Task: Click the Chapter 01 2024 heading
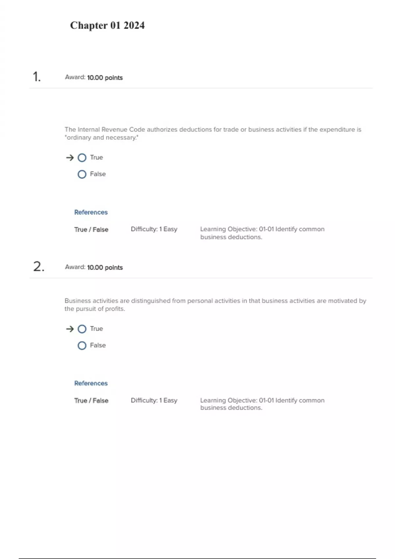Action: [x=107, y=25]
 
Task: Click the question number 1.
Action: [x=37, y=77]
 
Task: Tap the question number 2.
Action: [x=39, y=267]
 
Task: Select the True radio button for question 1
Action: [x=82, y=158]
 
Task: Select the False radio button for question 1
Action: [x=82, y=174]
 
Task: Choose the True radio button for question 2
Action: [x=82, y=329]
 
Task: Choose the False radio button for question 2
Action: [x=82, y=346]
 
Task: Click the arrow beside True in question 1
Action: [x=70, y=158]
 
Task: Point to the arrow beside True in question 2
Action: [x=70, y=329]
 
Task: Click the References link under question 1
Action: [x=91, y=212]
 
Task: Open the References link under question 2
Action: [x=91, y=383]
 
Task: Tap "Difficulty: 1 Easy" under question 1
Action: [x=154, y=229]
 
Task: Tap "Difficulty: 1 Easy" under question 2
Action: [x=154, y=401]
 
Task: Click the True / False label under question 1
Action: [x=91, y=230]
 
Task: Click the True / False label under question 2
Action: [x=91, y=401]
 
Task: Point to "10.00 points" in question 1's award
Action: [x=105, y=78]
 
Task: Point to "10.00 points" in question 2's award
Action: [x=105, y=268]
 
